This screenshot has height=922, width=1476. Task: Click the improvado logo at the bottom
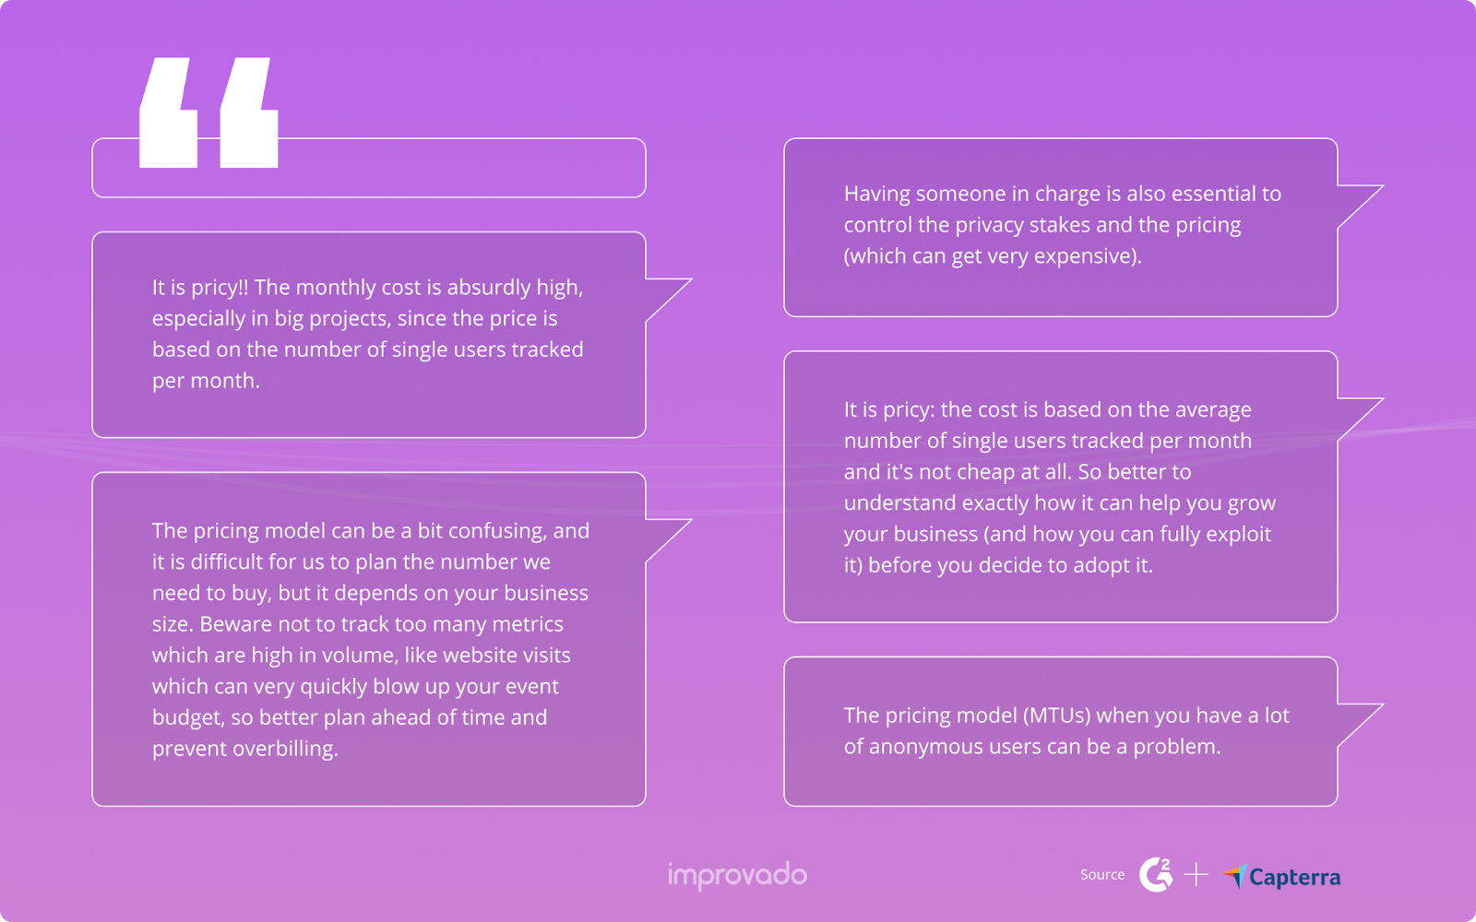click(737, 875)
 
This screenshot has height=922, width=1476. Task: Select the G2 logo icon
click(1155, 874)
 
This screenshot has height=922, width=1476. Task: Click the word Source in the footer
click(1102, 875)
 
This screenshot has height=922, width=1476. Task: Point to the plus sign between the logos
click(1196, 874)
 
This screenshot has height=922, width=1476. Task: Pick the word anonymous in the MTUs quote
click(926, 747)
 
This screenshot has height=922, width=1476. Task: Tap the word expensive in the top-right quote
click(1086, 256)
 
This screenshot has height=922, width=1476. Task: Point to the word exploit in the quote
click(1238, 535)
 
